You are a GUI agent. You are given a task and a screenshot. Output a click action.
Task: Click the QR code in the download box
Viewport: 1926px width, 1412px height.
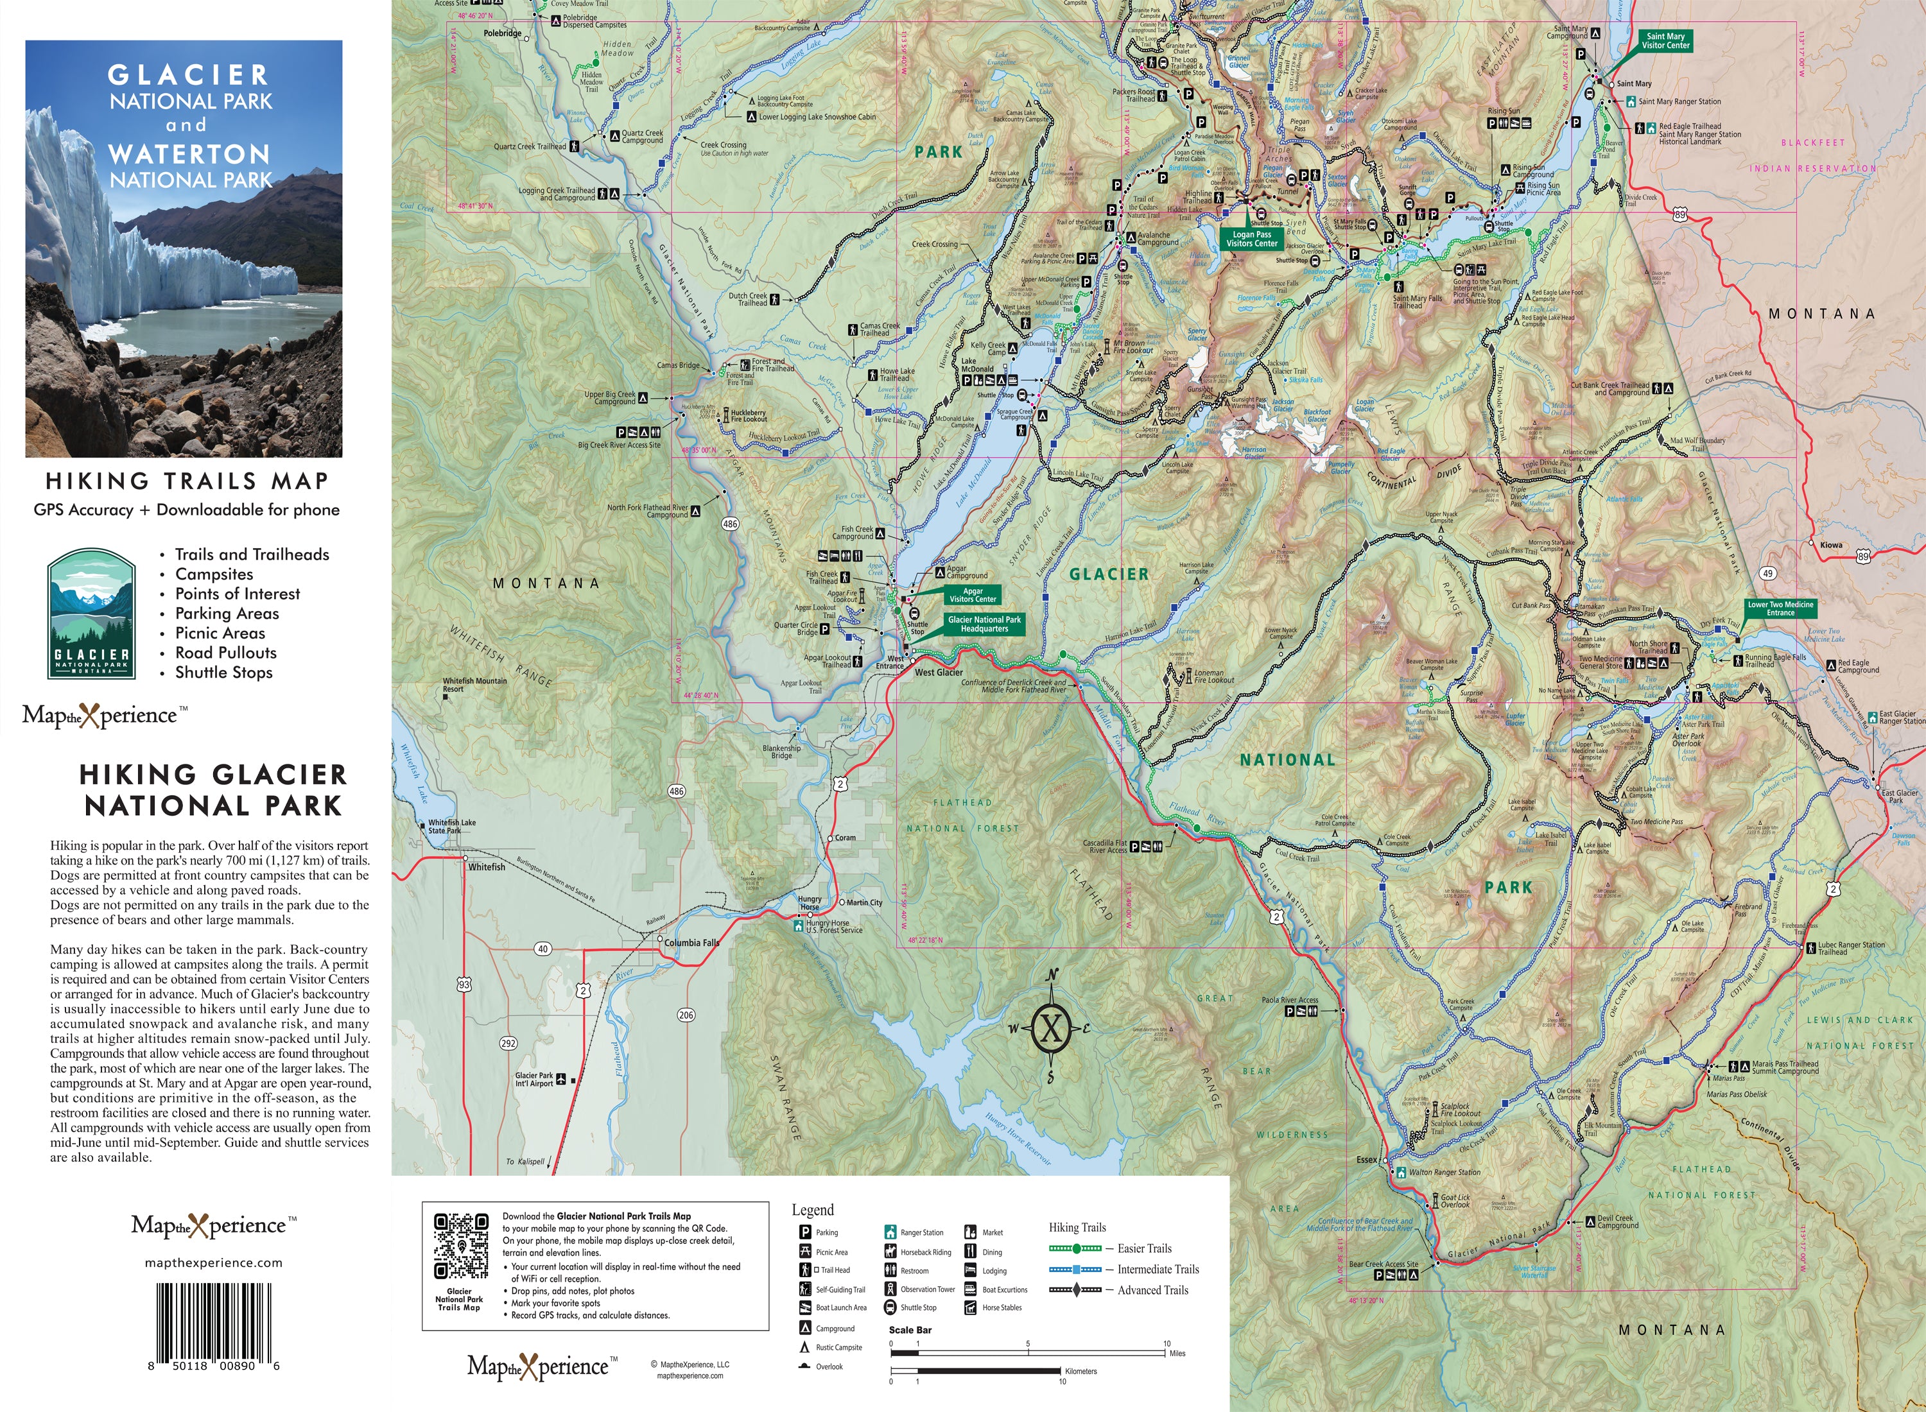pyautogui.click(x=461, y=1247)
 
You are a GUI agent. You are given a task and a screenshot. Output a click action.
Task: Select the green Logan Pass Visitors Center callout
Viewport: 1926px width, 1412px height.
pyautogui.click(x=1251, y=239)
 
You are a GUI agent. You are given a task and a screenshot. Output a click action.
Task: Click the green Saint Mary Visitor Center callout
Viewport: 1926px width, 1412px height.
pyautogui.click(x=1665, y=41)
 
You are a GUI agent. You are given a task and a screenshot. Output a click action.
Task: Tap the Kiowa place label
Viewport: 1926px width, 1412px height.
pyautogui.click(x=1831, y=544)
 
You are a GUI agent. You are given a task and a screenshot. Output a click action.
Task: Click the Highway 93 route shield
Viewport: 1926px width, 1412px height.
pyautogui.click(x=464, y=985)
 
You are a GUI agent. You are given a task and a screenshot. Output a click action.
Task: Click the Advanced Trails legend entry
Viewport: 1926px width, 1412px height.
pyautogui.click(x=1152, y=1291)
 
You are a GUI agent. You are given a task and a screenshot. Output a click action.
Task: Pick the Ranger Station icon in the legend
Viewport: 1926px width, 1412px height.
pyautogui.click(x=890, y=1232)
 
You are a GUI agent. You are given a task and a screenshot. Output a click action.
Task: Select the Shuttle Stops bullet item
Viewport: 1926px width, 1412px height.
pyautogui.click(x=224, y=673)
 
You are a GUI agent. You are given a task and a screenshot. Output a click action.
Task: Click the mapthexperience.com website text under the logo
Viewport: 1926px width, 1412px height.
pyautogui.click(x=214, y=1262)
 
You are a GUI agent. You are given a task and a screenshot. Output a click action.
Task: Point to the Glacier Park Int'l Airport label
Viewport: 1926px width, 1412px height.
pyautogui.click(x=534, y=1080)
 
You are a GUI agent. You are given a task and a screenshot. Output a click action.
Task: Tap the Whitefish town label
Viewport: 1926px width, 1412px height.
pyautogui.click(x=487, y=866)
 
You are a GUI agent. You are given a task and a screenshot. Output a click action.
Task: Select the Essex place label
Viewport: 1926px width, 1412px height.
pyautogui.click(x=1367, y=1160)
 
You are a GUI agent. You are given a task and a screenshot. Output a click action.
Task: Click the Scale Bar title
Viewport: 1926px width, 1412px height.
pyautogui.click(x=910, y=1330)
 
